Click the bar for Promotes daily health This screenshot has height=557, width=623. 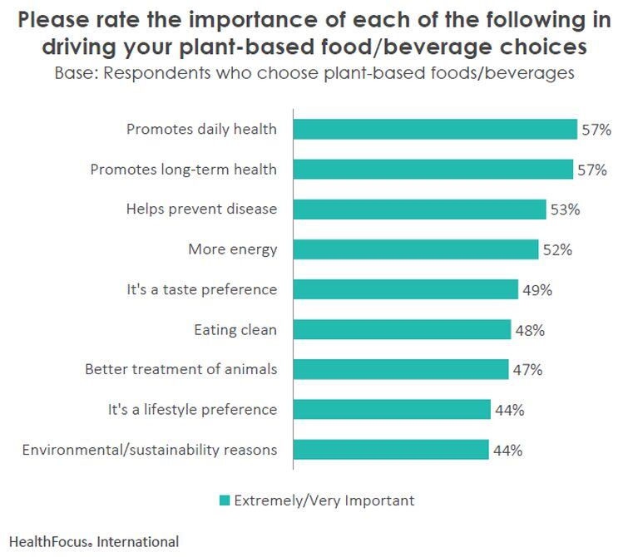pos(434,129)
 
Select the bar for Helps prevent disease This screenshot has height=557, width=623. pos(419,209)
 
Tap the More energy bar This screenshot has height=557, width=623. pos(415,249)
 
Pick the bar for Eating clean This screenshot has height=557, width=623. pos(402,330)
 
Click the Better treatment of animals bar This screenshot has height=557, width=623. pos(400,370)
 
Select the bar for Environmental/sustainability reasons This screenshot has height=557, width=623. pos(390,451)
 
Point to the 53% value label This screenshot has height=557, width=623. pos(564,209)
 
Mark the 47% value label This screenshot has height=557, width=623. pos(527,370)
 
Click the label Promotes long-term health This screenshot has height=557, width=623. pos(183,170)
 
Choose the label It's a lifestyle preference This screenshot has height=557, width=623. pos(192,410)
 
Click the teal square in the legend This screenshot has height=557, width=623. pos(224,500)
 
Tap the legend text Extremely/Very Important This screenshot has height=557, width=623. pos(324,500)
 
